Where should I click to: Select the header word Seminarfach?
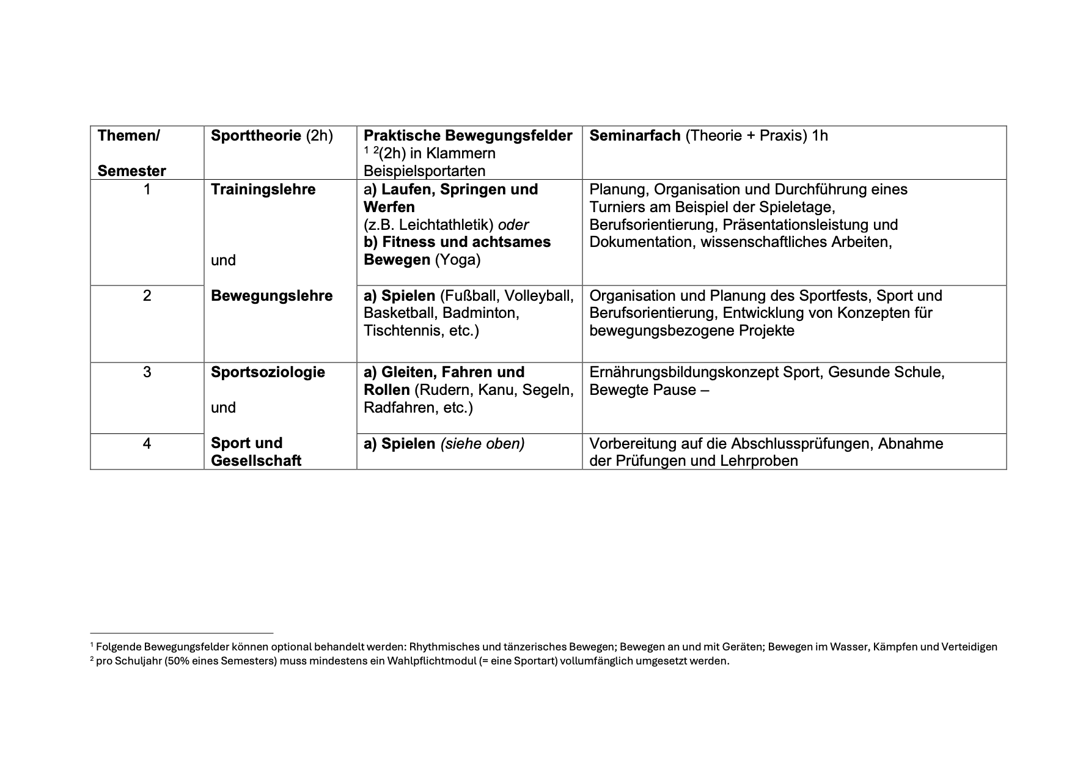(x=634, y=136)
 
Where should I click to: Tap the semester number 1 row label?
(x=147, y=189)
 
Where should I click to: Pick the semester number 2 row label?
(x=147, y=296)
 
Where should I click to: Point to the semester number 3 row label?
(x=147, y=372)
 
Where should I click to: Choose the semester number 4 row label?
(x=147, y=443)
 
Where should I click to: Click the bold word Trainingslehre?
(x=263, y=189)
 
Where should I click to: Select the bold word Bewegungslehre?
(x=271, y=296)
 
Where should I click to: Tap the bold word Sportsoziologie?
(x=268, y=372)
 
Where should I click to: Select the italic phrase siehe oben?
(x=482, y=443)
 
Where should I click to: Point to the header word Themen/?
(x=128, y=136)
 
